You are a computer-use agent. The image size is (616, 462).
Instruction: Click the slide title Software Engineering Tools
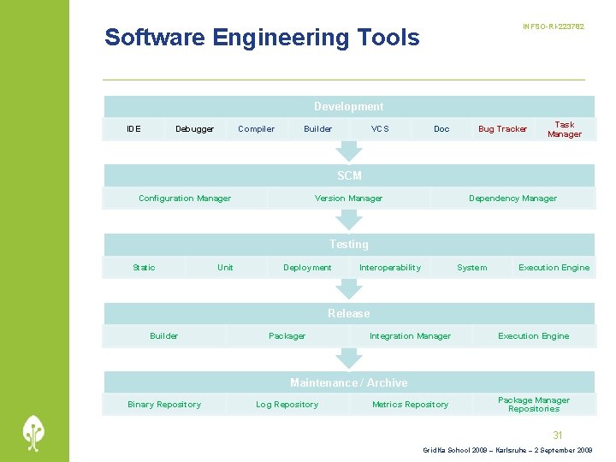262,38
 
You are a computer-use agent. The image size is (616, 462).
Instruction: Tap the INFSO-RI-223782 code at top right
554,27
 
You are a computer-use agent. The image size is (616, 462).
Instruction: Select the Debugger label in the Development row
194,129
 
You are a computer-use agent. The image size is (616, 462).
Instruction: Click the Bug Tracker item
502,129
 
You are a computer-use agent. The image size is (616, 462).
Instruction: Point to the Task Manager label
564,129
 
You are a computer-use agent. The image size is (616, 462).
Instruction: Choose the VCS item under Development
380,129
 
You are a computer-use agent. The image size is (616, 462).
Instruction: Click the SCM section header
349,175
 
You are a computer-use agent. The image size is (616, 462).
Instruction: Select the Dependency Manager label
512,198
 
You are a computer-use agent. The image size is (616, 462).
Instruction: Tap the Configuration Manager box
185,198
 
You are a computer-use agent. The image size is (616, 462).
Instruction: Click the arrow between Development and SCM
348,151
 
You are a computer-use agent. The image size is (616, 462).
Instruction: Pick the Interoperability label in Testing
390,268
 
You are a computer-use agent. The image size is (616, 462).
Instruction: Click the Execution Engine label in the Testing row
554,268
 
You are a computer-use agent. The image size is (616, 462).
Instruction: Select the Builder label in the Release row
164,336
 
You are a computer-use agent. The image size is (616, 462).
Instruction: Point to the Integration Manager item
410,336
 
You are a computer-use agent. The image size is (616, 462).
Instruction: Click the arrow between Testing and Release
348,290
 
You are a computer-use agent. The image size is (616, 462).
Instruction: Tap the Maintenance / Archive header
349,382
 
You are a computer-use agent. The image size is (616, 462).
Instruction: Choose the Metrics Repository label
410,405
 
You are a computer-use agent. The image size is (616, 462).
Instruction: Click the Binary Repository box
164,405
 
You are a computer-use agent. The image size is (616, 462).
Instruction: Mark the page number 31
558,435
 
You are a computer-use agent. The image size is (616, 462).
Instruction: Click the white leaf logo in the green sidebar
34,432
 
